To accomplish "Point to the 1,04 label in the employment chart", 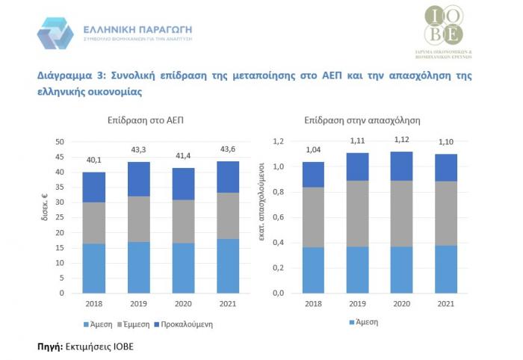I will (x=312, y=151).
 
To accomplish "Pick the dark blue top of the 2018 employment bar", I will (x=312, y=175).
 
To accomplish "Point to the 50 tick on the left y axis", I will (x=61, y=142).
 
